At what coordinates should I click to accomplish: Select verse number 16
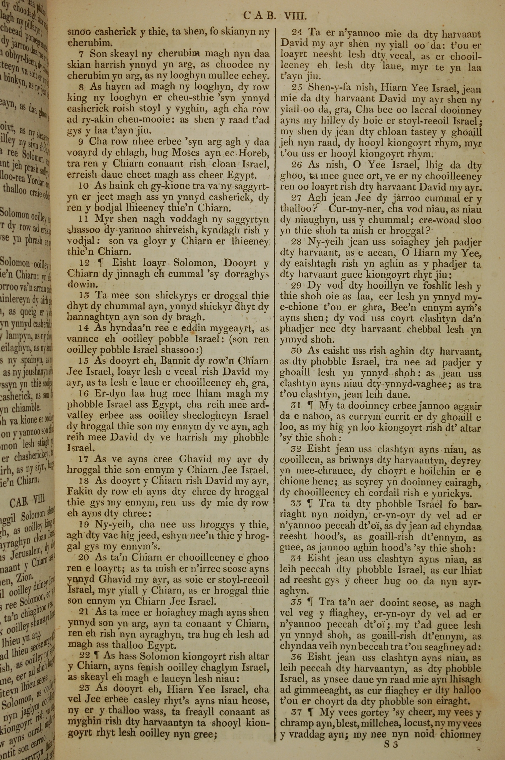[85, 394]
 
